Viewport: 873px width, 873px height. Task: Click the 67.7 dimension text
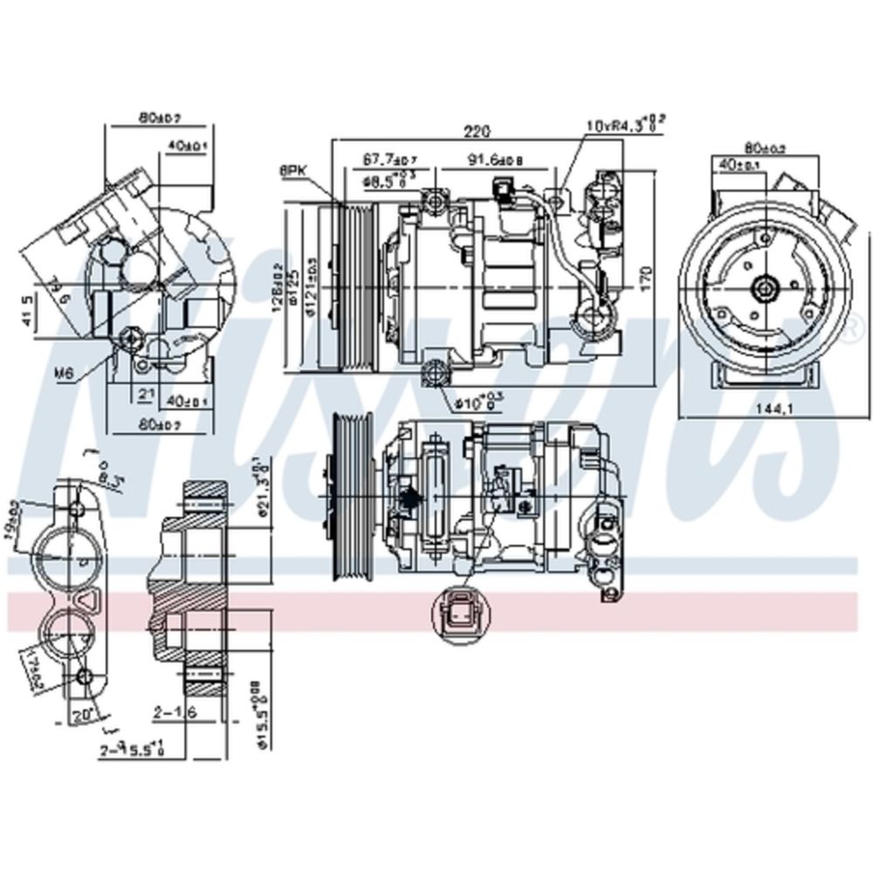[x=389, y=159]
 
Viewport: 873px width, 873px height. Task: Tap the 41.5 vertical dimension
[x=28, y=310]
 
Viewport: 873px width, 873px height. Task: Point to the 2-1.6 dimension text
[x=174, y=715]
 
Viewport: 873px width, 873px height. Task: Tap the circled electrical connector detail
[x=462, y=610]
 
